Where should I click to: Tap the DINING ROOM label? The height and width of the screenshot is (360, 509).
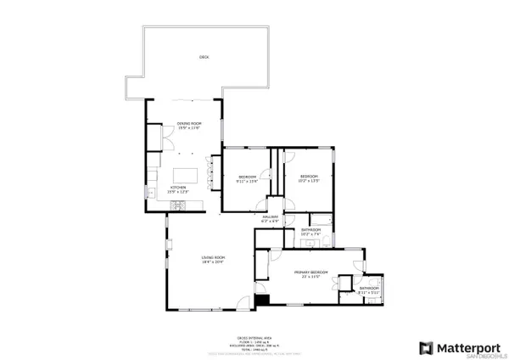click(188, 124)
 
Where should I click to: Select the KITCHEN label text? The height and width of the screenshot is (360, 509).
click(178, 187)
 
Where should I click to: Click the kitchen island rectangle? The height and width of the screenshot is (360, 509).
click(186, 174)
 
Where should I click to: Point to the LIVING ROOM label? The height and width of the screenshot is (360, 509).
click(212, 257)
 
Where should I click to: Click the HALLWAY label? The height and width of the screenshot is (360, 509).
click(271, 217)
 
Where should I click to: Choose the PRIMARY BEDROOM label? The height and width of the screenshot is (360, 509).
click(310, 272)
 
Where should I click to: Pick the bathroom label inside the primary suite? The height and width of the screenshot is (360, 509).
click(369, 290)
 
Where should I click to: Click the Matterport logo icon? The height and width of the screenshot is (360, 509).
click(427, 348)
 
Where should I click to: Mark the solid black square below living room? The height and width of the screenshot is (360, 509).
click(261, 300)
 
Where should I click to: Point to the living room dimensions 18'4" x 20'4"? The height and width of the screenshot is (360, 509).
click(212, 262)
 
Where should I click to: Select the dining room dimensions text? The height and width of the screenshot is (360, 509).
click(188, 128)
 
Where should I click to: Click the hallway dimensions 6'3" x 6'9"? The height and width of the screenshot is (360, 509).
click(271, 222)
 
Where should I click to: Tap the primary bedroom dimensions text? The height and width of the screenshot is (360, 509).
click(310, 277)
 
